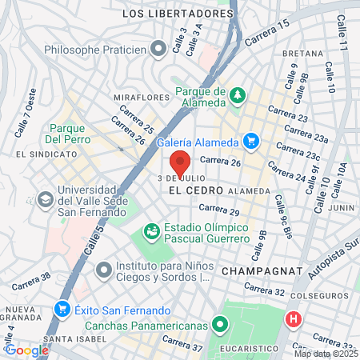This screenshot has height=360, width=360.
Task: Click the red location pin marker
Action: point(181,162)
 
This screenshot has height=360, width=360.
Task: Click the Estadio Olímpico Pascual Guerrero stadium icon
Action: point(151,230)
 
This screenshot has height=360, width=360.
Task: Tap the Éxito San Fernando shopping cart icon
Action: point(62,308)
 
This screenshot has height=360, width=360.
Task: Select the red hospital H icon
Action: point(294,319)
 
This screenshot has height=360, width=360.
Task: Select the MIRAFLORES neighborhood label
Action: point(142,97)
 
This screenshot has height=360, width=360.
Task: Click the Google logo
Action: point(26,349)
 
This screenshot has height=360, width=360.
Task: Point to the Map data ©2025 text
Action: point(325,354)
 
